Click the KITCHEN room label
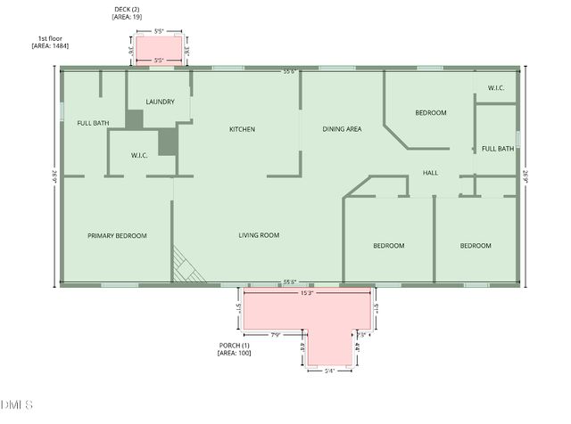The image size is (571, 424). [242, 129]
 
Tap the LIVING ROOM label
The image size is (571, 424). [259, 235]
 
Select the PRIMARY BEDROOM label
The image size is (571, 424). [117, 235]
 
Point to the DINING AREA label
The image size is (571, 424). [342, 129]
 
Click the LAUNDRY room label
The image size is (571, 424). [161, 102]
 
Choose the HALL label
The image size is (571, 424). [430, 173]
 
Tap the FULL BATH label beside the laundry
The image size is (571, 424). [93, 123]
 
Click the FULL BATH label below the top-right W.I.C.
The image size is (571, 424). [498, 149]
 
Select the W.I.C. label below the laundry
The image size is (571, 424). [139, 155]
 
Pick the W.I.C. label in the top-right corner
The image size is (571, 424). [496, 88]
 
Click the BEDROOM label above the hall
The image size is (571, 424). [431, 113]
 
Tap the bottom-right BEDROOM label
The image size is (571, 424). [476, 245]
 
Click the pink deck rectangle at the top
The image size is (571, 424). [160, 49]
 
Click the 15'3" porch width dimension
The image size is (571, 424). [307, 291]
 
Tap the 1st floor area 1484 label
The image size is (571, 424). [53, 42]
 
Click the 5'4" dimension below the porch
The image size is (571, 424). [329, 371]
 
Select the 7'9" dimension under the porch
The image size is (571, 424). [275, 335]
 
